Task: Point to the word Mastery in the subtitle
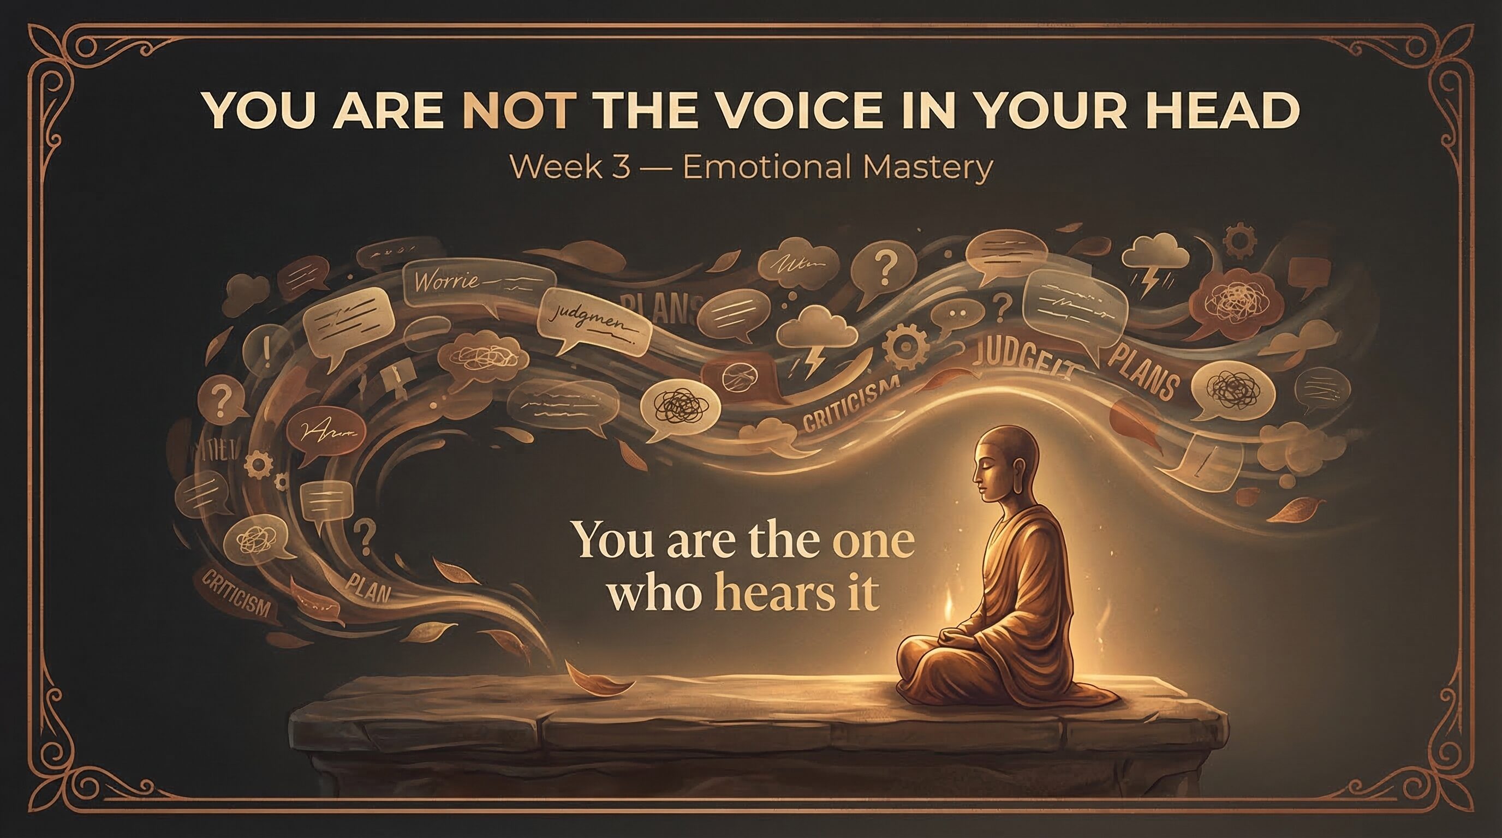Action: click(x=927, y=167)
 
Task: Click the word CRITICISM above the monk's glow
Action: click(x=852, y=412)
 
